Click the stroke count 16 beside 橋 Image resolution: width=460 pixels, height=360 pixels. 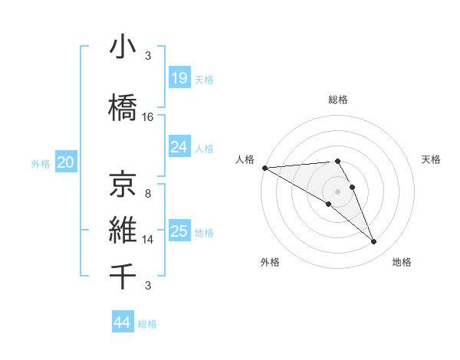click(148, 117)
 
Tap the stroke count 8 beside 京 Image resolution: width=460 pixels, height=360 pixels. click(148, 194)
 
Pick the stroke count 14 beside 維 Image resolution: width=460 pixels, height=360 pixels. click(148, 240)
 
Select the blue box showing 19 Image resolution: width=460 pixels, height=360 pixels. click(179, 78)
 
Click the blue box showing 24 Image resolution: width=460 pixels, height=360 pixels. click(179, 147)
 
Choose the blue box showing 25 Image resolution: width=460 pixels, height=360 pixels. click(179, 231)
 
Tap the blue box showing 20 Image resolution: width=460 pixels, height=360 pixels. click(66, 162)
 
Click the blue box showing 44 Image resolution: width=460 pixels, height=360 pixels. click(122, 323)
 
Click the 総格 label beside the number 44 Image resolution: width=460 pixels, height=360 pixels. click(147, 324)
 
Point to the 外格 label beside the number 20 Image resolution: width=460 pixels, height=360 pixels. click(41, 163)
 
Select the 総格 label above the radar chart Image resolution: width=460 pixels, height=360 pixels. click(337, 100)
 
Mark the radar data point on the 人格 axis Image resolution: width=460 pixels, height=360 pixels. click(264, 168)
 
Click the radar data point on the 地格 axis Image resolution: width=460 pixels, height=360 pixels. click(374, 242)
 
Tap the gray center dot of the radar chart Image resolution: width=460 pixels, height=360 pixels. click(337, 191)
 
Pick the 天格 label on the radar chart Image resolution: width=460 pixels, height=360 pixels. click(432, 159)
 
